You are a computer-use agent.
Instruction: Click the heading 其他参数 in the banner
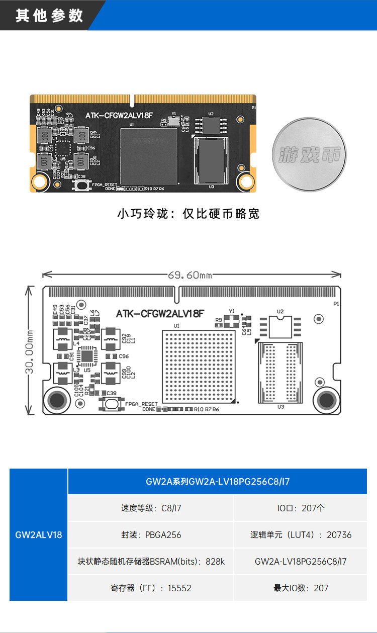point(49,16)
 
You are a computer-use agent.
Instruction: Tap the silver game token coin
point(309,155)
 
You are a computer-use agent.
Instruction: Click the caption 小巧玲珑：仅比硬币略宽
point(189,214)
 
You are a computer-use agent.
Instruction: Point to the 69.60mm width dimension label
point(190,275)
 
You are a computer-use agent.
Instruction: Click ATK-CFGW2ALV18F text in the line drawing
point(160,314)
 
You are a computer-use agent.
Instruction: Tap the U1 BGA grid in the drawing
point(199,366)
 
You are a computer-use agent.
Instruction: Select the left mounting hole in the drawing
point(57,400)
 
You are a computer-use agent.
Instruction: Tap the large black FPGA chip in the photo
point(149,156)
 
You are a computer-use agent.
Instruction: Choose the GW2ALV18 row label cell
point(39,534)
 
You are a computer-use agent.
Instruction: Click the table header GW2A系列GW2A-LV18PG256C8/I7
point(218,481)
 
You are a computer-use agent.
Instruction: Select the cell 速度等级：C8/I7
point(151,508)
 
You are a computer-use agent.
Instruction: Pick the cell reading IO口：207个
point(301,508)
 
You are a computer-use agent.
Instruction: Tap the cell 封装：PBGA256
point(151,534)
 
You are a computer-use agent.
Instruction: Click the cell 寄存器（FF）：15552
point(151,588)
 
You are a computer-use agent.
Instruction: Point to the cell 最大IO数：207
point(301,588)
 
